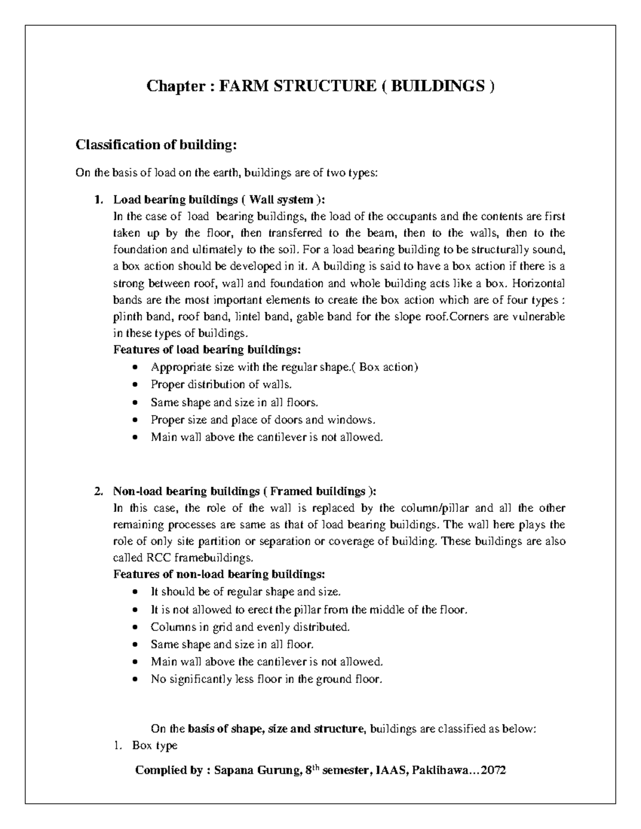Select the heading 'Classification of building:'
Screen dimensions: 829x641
pyautogui.click(x=155, y=145)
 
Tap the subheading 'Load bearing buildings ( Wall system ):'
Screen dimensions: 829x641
pyautogui.click(x=218, y=200)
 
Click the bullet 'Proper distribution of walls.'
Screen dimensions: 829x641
pyautogui.click(x=221, y=384)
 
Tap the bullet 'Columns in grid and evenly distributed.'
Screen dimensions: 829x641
pyautogui.click(x=250, y=627)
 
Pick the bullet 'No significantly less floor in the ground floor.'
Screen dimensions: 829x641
pyautogui.click(x=267, y=680)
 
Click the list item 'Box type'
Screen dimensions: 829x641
pyautogui.click(x=154, y=746)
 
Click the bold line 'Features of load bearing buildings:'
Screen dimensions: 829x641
pyautogui.click(x=207, y=350)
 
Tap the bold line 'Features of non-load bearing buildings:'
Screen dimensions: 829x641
pyautogui.click(x=219, y=574)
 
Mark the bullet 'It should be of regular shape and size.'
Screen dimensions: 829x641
pyautogui.click(x=245, y=592)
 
